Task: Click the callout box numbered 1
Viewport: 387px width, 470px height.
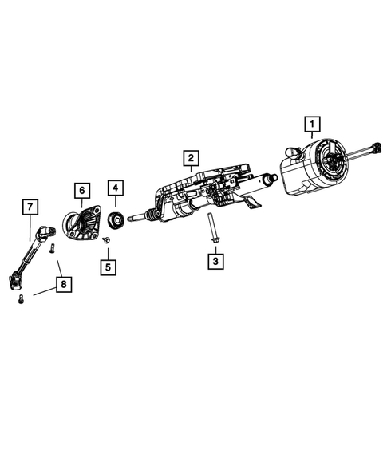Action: (x=311, y=124)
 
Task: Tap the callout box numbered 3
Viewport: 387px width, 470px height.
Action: (x=215, y=260)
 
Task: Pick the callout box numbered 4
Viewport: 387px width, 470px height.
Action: (x=116, y=188)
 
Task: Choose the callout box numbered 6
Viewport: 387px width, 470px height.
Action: (x=81, y=191)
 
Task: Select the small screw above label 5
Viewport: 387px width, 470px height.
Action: (x=105, y=239)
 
